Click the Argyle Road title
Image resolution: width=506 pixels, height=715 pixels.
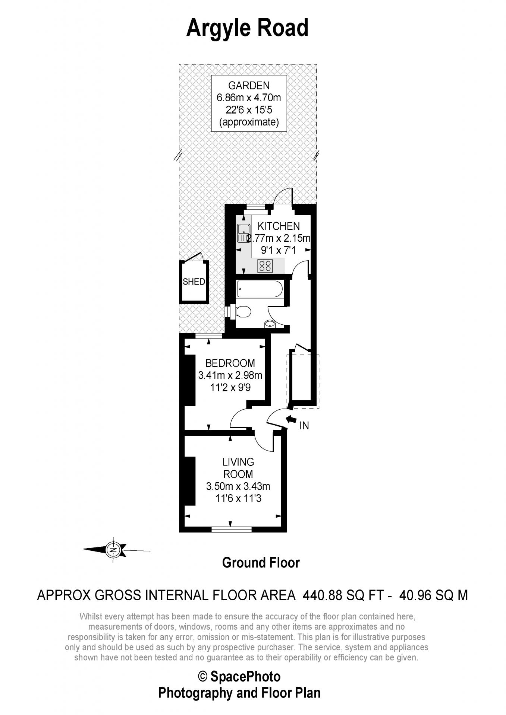(x=247, y=28)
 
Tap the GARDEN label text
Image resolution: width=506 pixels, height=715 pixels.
(x=249, y=86)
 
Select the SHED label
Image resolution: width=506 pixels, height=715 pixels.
(x=194, y=282)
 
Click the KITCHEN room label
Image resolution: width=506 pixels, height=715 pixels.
(x=279, y=226)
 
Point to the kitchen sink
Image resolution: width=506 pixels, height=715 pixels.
(x=243, y=233)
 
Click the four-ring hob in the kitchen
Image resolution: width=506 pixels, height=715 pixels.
(x=265, y=266)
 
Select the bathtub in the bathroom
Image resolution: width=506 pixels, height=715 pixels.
(x=260, y=289)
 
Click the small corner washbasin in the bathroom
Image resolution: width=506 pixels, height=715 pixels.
(x=270, y=324)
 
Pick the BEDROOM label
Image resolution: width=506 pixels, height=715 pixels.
(x=230, y=363)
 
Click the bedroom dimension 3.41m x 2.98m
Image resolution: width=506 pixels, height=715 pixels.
(x=230, y=375)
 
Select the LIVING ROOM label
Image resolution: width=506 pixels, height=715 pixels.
(x=238, y=468)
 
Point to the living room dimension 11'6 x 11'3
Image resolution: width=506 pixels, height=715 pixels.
(x=238, y=498)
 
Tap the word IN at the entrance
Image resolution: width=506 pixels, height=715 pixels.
(x=304, y=425)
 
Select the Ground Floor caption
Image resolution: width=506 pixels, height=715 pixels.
(x=261, y=563)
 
